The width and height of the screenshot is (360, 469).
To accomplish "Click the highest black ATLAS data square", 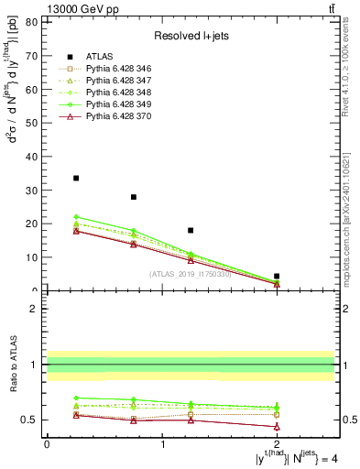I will click(76, 178).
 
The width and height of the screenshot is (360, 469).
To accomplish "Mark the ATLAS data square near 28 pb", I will click(134, 197).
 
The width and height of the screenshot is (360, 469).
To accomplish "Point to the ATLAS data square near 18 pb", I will click(191, 230).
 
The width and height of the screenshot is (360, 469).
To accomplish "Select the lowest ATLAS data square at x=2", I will click(277, 276).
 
